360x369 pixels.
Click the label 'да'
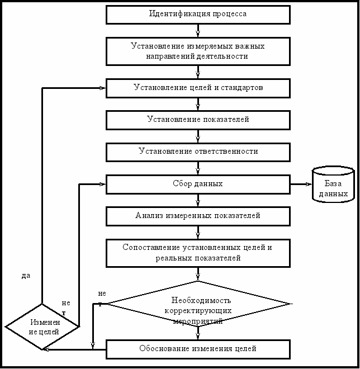(x=26, y=276)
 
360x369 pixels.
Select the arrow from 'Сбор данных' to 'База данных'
(x=301, y=184)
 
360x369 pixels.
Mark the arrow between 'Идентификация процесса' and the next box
(x=198, y=31)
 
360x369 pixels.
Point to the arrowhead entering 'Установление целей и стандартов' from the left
(x=103, y=88)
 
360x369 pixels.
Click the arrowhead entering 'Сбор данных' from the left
(x=103, y=184)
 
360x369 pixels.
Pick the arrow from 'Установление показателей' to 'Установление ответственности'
(x=198, y=136)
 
